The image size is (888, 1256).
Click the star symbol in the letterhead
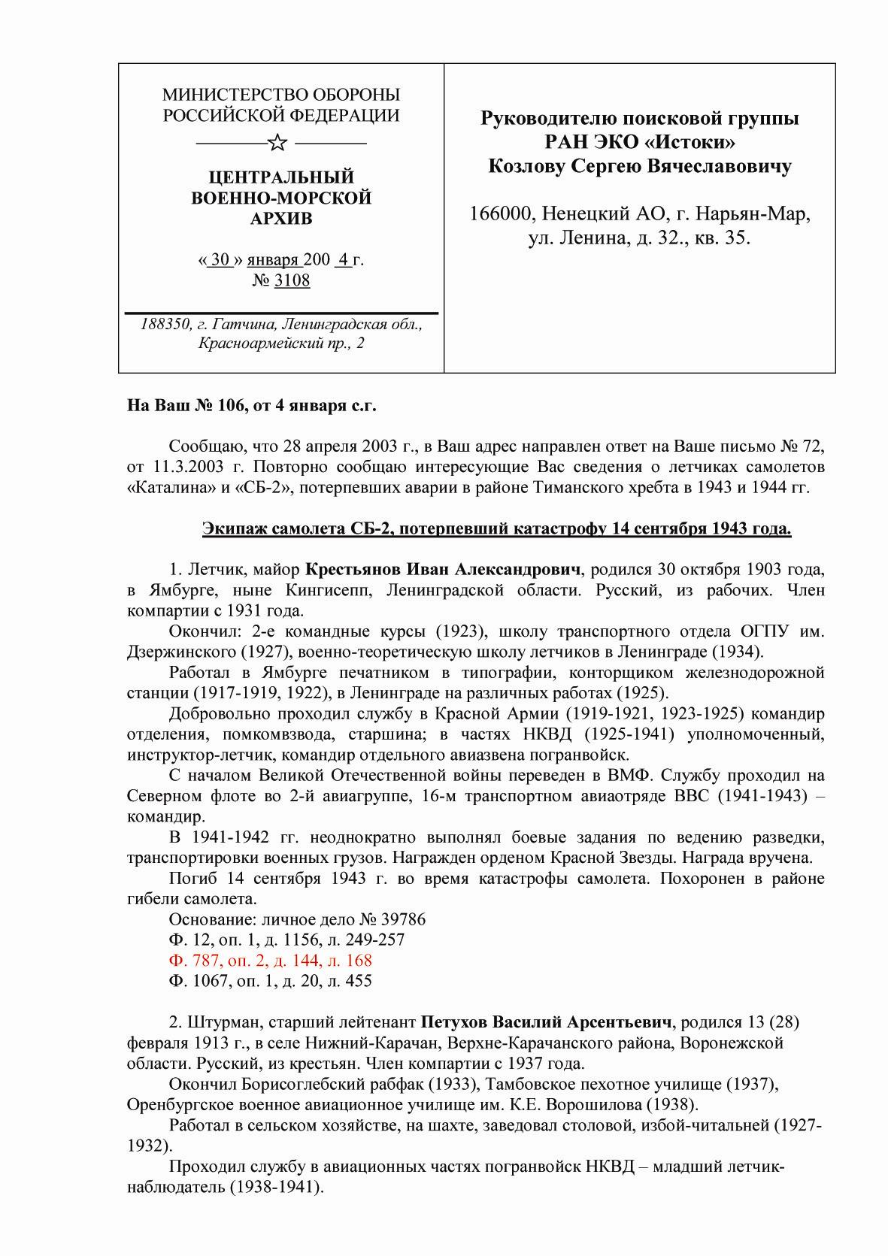[277, 142]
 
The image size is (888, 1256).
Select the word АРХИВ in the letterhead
[281, 219]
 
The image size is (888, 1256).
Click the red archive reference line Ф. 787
[270, 960]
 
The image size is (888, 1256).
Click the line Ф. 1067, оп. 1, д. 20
[270, 980]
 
